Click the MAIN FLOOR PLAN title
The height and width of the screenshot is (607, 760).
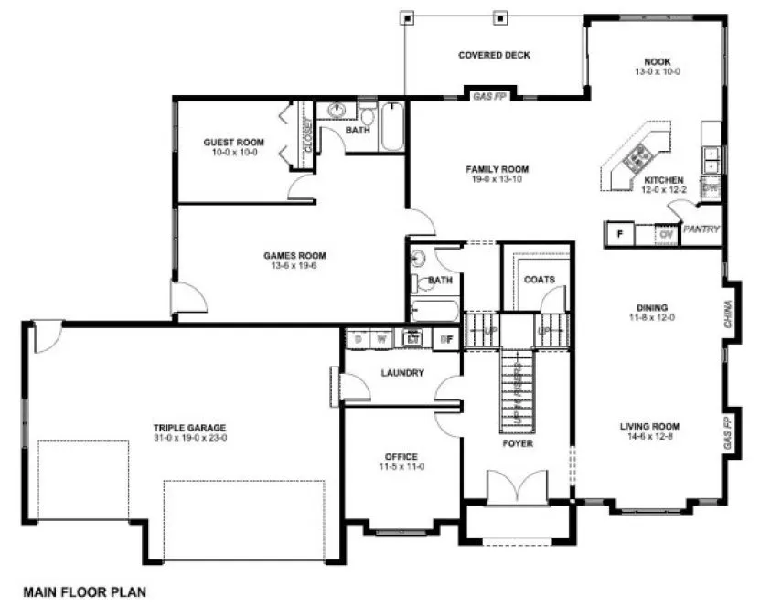(x=79, y=591)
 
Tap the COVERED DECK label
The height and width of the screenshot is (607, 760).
(x=494, y=55)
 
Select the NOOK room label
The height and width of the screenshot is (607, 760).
(x=657, y=61)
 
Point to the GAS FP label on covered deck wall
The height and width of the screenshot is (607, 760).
(x=494, y=95)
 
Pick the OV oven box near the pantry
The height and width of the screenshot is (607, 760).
(x=667, y=234)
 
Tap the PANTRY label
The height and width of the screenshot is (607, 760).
(x=701, y=229)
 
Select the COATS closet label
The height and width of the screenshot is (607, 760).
(x=539, y=280)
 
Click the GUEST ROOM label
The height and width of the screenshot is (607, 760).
(x=234, y=142)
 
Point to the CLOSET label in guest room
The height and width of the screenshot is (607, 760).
(x=308, y=137)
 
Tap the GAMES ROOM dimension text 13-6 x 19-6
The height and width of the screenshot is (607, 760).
(x=294, y=267)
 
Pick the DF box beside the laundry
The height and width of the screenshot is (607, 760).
(x=447, y=340)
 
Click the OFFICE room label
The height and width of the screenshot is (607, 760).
(x=401, y=456)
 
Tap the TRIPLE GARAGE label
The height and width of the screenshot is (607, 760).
(x=189, y=427)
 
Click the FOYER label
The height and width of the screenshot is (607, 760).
(x=517, y=443)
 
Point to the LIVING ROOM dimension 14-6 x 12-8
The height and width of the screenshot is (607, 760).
(x=648, y=437)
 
